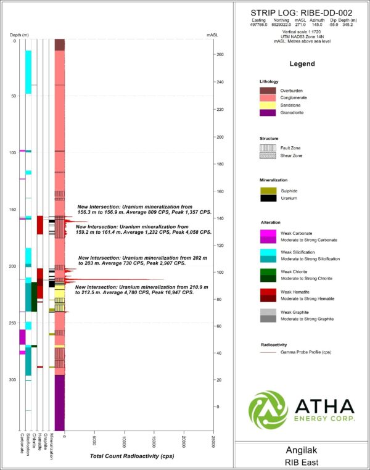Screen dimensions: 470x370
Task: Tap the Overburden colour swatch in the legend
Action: tap(268, 91)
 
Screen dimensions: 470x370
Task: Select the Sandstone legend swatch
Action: tap(268, 105)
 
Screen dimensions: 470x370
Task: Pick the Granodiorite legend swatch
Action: tap(268, 113)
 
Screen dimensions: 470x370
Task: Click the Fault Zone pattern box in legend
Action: tap(268, 148)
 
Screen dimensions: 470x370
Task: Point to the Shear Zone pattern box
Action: tap(268, 157)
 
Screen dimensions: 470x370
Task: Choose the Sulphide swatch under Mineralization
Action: tap(268, 190)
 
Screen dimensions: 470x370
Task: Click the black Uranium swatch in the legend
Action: tap(268, 198)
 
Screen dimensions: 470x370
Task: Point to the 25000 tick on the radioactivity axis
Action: tap(213, 437)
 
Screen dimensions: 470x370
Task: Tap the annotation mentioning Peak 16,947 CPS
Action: tap(134, 290)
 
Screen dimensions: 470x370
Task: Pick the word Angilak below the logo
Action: tap(302, 450)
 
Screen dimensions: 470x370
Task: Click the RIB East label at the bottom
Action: tap(302, 462)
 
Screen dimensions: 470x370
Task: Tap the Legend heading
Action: tap(302, 64)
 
